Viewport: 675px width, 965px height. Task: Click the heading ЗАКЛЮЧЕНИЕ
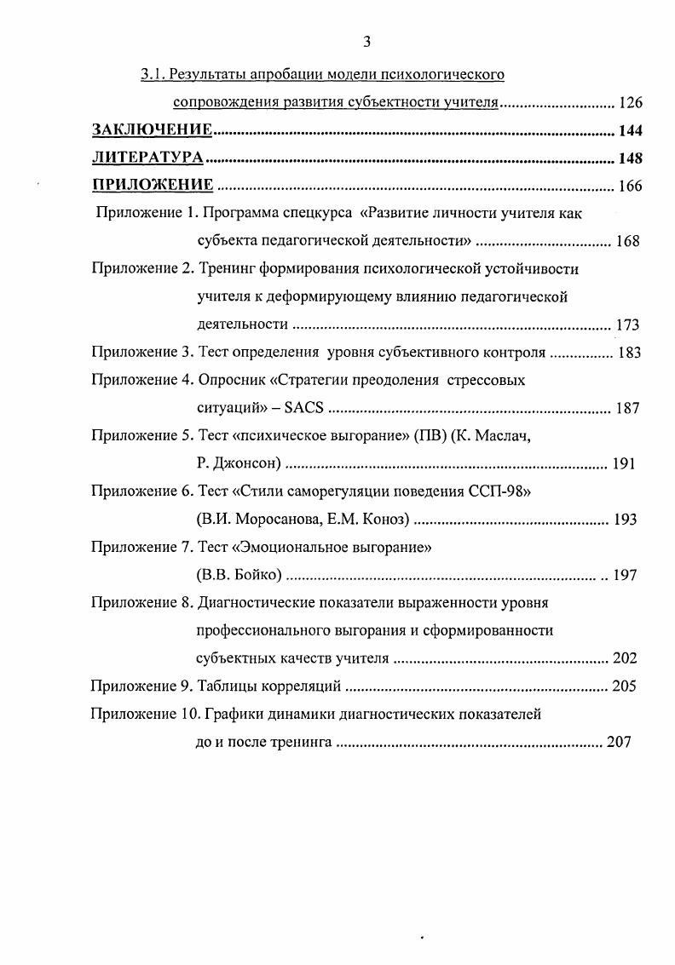point(152,130)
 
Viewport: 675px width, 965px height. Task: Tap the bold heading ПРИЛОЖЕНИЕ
point(153,186)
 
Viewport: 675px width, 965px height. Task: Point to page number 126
point(630,104)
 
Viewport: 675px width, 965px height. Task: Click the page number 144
point(630,131)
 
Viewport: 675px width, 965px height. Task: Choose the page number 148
point(630,158)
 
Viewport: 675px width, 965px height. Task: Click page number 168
point(627,241)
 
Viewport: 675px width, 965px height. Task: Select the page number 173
point(627,325)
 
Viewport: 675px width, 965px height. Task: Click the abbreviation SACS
point(304,408)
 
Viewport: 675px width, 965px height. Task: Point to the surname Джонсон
point(245,464)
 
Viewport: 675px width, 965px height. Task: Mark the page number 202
point(625,658)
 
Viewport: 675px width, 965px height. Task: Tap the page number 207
point(619,742)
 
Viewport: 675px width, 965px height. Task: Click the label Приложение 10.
point(139,715)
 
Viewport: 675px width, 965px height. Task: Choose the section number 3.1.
point(153,75)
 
